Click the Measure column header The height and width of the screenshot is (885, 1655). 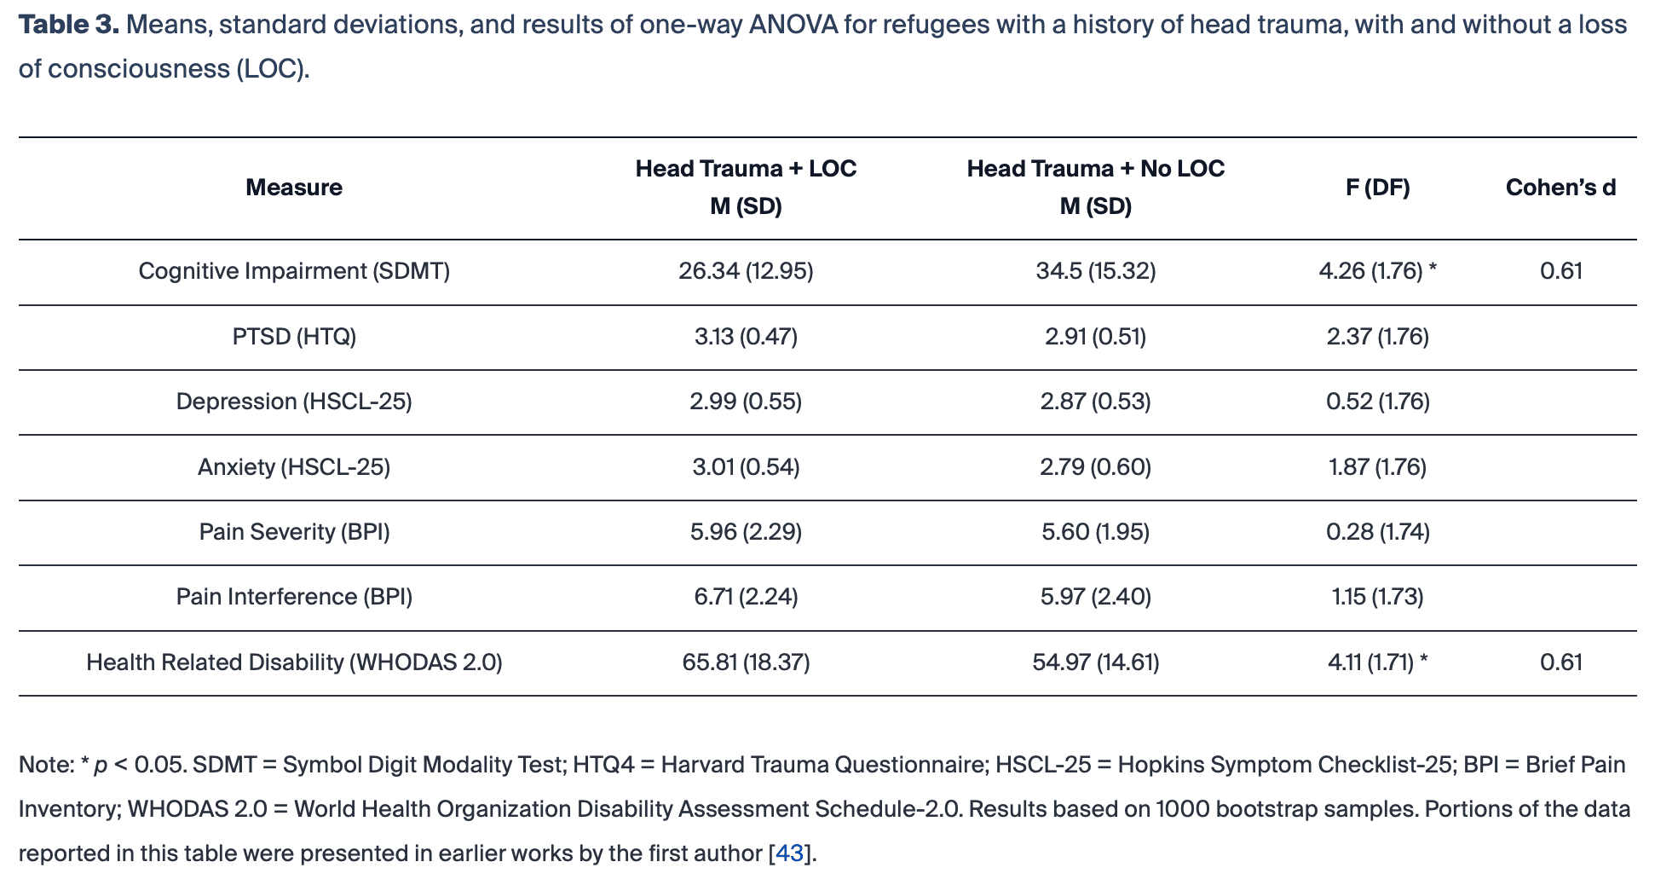point(294,188)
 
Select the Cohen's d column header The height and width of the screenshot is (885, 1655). point(1560,188)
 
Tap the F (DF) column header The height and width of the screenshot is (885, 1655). point(1377,188)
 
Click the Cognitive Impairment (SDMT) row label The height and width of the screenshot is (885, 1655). point(294,271)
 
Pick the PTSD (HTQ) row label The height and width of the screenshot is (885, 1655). point(294,337)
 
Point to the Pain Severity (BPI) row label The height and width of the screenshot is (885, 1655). point(294,532)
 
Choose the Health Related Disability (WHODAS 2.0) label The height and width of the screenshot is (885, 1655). point(294,662)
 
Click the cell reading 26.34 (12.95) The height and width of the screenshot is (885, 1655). point(746,271)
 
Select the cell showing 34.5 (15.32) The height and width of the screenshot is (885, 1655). point(1095,271)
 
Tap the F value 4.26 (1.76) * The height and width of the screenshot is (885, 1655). point(1377,271)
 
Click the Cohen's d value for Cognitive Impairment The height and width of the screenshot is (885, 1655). point(1560,271)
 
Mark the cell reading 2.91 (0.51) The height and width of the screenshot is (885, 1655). point(1095,337)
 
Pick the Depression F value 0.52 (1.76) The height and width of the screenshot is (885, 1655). point(1377,402)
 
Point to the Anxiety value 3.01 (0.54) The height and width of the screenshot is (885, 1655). point(746,467)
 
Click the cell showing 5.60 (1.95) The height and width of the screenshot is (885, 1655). point(1095,532)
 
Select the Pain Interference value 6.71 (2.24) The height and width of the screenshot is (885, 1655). point(746,597)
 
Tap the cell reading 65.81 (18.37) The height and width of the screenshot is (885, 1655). point(746,662)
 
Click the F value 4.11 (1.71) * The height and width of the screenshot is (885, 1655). point(1377,662)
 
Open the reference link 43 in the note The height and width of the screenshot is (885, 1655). point(789,853)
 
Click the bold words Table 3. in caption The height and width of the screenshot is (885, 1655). point(69,25)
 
